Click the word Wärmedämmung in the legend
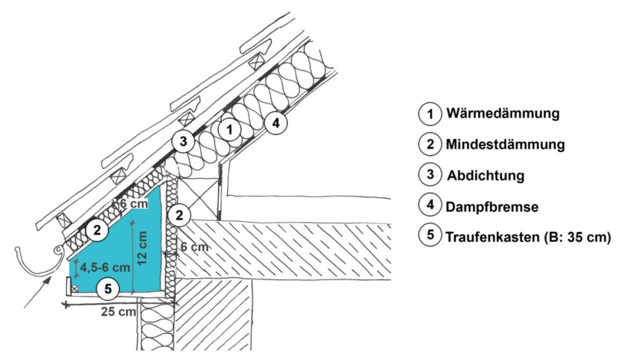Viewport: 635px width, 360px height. click(x=503, y=114)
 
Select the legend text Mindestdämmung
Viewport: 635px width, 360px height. click(x=505, y=145)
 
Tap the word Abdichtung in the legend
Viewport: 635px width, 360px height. click(x=486, y=176)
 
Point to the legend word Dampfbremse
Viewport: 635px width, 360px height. click(x=492, y=207)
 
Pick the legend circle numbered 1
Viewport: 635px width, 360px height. click(x=430, y=114)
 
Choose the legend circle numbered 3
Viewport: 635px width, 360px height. click(x=430, y=175)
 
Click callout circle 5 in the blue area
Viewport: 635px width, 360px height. click(x=108, y=288)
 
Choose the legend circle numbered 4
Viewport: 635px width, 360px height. click(x=430, y=206)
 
